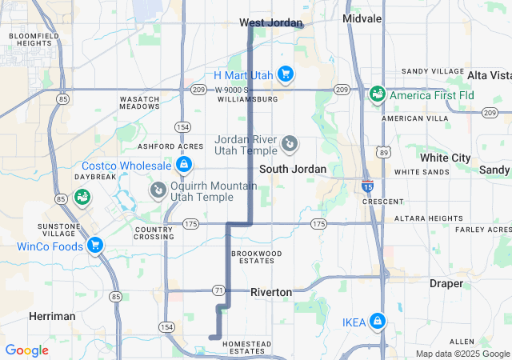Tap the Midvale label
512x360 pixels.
362,18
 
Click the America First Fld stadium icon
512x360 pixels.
376,95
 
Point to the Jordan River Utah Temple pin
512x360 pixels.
290,145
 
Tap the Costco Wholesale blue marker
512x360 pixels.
184,165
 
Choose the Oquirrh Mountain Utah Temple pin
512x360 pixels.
158,190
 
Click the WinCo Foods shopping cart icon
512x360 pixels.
95,245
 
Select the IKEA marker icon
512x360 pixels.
377,322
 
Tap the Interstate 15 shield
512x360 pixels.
367,186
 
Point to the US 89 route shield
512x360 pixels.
384,151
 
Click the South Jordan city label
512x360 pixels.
293,169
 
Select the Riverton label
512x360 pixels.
271,292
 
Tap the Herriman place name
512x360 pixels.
52,316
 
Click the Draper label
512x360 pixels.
446,283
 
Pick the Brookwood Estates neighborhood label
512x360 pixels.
257,257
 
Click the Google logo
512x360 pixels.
27,350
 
